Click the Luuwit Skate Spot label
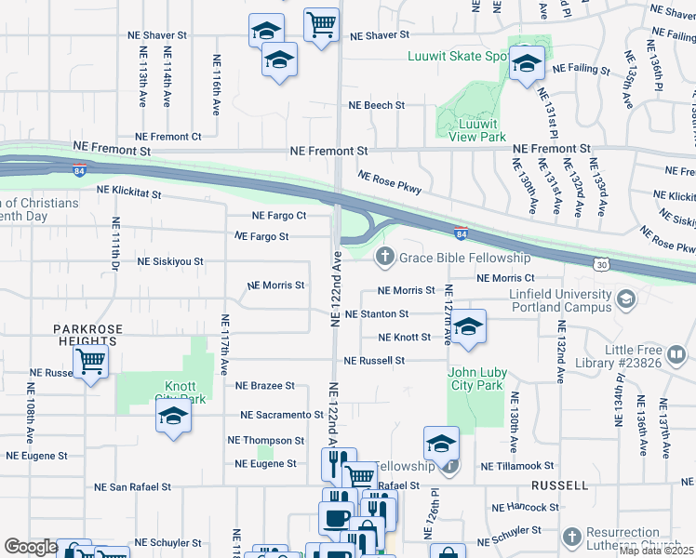(x=458, y=57)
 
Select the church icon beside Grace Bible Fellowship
(x=382, y=257)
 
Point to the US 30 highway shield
(x=602, y=265)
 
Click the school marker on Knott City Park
(x=173, y=418)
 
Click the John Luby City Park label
(x=477, y=379)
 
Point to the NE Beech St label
(x=375, y=106)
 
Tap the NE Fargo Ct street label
(x=279, y=216)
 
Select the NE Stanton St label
(x=377, y=315)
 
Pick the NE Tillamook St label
(x=516, y=466)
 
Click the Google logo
(x=31, y=547)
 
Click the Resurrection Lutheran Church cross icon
(x=571, y=537)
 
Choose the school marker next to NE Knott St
(x=469, y=326)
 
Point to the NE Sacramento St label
(x=274, y=415)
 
